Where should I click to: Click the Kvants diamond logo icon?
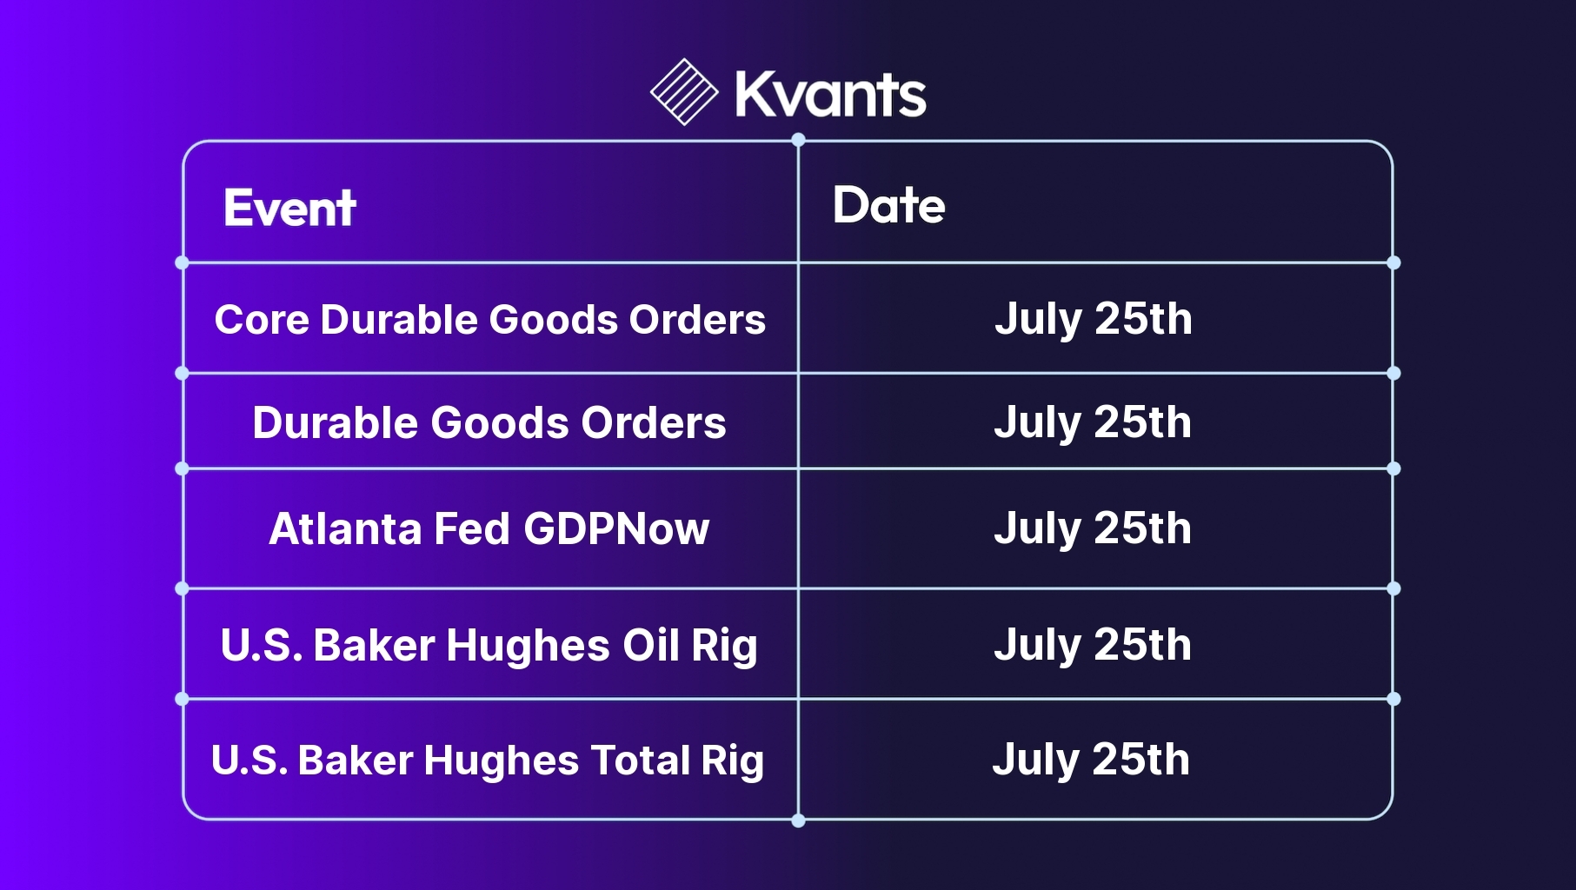pos(684,92)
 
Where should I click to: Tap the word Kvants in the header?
pos(830,94)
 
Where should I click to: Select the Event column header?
pos(289,208)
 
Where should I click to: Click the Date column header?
pos(888,205)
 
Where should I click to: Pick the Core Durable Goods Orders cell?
pos(490,319)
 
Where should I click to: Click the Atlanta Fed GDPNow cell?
pos(489,528)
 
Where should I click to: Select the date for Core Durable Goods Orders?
pos(1094,320)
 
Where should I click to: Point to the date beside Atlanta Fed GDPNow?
pos(1093,529)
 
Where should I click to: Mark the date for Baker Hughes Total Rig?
pos(1091,760)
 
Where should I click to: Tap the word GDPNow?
pos(616,528)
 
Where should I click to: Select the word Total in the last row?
pos(641,760)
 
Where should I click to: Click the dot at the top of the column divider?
pos(798,140)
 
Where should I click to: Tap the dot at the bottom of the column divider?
pos(798,820)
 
